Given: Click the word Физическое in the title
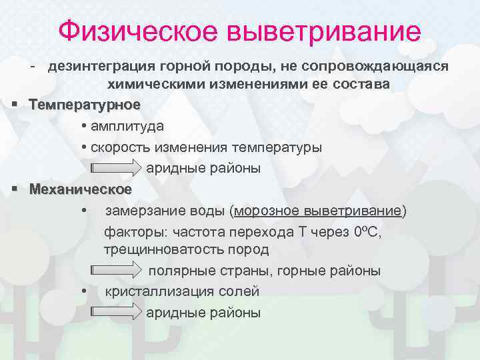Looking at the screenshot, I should [x=138, y=32].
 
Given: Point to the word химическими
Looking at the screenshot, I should [x=148, y=85].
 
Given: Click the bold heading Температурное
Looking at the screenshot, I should [x=85, y=105].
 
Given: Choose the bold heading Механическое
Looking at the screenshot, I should [x=81, y=189].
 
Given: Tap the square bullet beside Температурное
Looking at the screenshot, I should [x=14, y=105].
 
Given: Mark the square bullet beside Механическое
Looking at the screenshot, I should [x=14, y=189].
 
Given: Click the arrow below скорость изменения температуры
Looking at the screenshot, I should [x=115, y=168].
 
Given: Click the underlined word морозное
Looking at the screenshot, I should [x=266, y=211].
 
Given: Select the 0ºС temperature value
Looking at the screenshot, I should [x=366, y=232].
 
